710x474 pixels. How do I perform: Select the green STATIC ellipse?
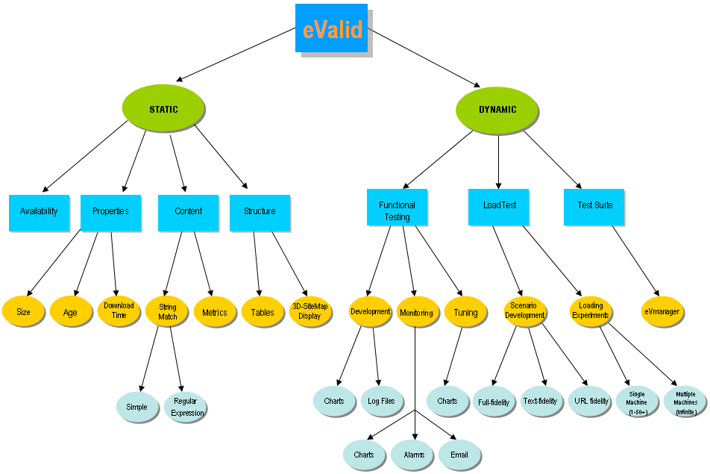pyautogui.click(x=163, y=109)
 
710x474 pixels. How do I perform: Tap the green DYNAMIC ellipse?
pyautogui.click(x=497, y=109)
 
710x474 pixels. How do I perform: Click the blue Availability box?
pyautogui.click(x=39, y=211)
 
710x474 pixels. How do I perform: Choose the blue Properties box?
pyautogui.click(x=110, y=211)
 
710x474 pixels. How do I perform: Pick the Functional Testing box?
pyautogui.click(x=397, y=207)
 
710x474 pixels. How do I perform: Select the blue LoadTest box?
pyautogui.click(x=499, y=205)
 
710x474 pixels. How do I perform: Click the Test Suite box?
pyautogui.click(x=594, y=205)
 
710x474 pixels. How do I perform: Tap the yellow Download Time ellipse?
pyautogui.click(x=119, y=311)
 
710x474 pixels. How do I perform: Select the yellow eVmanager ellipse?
pyautogui.click(x=661, y=311)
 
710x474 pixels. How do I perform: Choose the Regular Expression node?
pyautogui.click(x=186, y=408)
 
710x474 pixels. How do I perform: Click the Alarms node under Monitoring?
pyautogui.click(x=413, y=455)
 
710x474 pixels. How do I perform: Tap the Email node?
pyautogui.click(x=459, y=455)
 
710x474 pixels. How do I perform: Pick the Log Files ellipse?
pyautogui.click(x=382, y=401)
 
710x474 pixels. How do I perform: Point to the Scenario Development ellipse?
pyautogui.click(x=524, y=311)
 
